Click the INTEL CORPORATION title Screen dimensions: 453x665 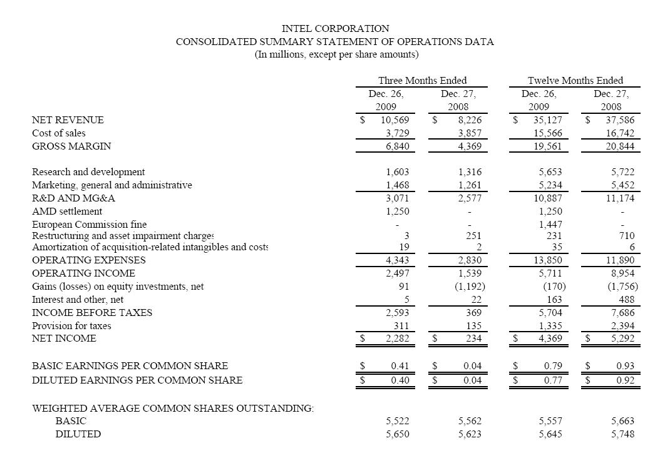click(x=335, y=29)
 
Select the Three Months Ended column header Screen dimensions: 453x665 click(x=422, y=81)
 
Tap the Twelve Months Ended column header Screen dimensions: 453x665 click(x=575, y=81)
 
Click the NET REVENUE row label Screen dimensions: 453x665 click(x=68, y=120)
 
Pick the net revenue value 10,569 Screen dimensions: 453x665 click(x=395, y=120)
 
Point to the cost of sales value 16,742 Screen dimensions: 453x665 click(x=617, y=133)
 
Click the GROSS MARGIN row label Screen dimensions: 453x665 click(x=71, y=146)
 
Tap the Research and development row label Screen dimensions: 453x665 click(x=88, y=172)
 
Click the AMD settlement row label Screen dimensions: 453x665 click(x=67, y=211)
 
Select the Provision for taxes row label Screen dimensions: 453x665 click(x=71, y=326)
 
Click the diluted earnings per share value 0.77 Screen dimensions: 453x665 click(x=553, y=380)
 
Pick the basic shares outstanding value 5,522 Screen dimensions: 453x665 click(x=398, y=421)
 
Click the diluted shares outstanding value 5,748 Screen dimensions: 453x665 click(x=622, y=434)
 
